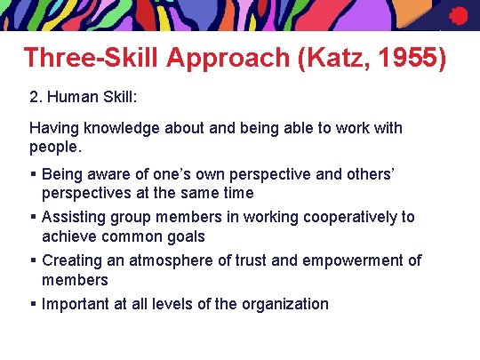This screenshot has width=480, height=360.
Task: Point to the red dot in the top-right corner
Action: click(x=459, y=16)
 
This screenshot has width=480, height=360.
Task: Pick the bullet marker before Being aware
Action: click(x=33, y=173)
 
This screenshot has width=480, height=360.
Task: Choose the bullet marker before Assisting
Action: click(x=33, y=217)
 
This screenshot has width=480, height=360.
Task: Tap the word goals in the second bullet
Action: click(x=184, y=236)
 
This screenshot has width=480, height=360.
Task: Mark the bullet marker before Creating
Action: click(x=33, y=260)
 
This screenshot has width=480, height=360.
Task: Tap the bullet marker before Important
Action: click(x=33, y=304)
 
